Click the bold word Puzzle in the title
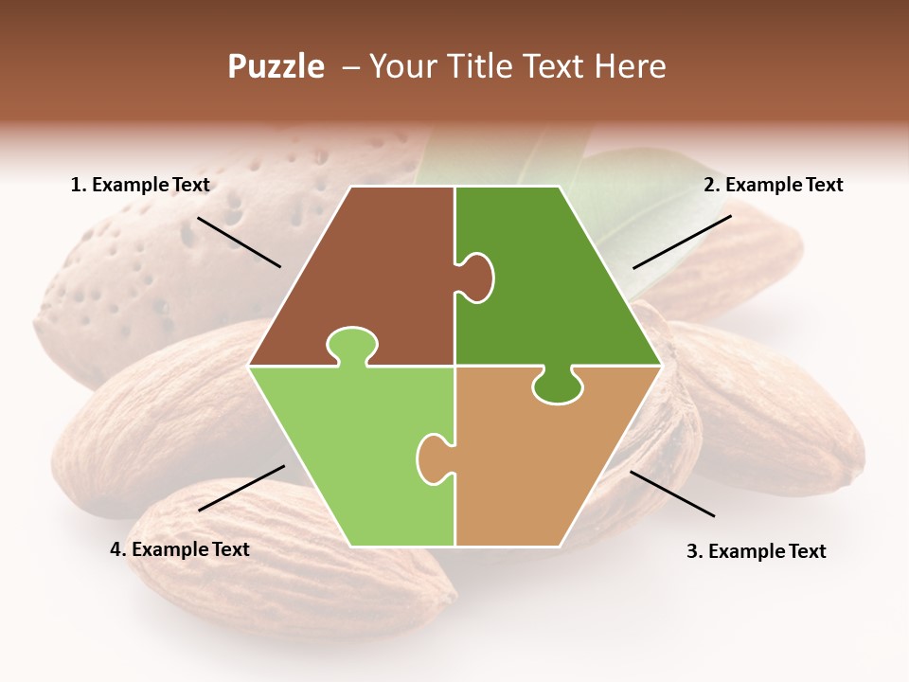click(x=276, y=66)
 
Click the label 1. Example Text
click(x=140, y=185)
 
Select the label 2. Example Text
click(x=773, y=185)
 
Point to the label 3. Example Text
click(x=756, y=551)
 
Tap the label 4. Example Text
click(x=180, y=548)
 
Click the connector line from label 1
click(x=239, y=242)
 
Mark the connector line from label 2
click(x=682, y=242)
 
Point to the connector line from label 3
click(x=672, y=494)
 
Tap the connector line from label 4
click(x=241, y=488)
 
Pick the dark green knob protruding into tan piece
click(x=558, y=386)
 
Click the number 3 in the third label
click(x=691, y=551)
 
